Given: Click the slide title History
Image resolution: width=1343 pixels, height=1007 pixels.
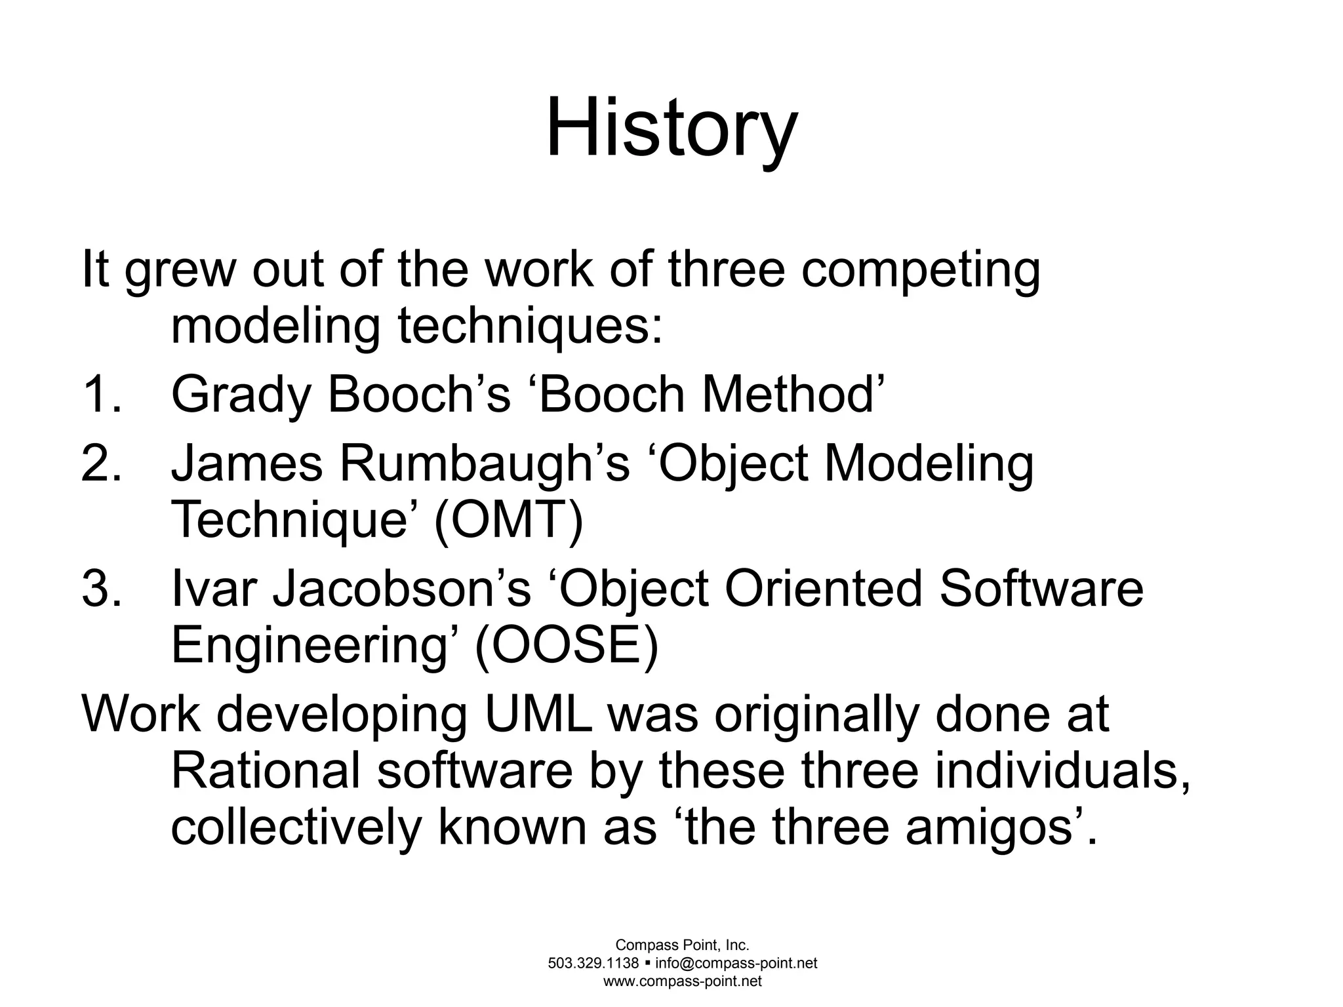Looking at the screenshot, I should tap(671, 128).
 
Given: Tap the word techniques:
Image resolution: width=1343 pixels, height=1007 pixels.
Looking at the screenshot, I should tap(531, 326).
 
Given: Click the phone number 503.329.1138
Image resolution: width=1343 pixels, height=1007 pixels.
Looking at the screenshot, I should tap(593, 963).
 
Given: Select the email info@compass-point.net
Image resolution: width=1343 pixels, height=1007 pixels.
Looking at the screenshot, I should tap(736, 963).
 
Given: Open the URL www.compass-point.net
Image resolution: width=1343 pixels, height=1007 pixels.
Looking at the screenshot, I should tap(682, 981).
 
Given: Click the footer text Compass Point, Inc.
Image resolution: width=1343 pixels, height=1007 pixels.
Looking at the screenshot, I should tap(682, 945).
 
